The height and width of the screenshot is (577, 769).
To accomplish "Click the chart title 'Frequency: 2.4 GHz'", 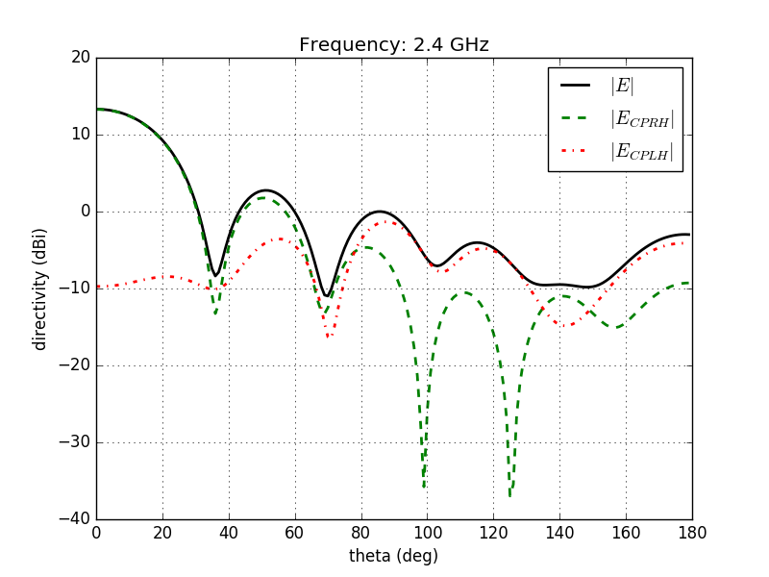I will (394, 45).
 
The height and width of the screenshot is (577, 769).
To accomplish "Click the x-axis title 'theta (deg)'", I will (393, 556).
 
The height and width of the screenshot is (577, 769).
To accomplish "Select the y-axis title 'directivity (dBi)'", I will (40, 288).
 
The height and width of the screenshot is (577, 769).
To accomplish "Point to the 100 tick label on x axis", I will (427, 532).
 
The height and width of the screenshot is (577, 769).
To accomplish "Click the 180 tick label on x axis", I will (691, 532).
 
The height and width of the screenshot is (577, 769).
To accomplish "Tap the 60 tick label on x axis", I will (295, 532).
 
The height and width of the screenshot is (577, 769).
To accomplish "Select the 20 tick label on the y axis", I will (80, 58).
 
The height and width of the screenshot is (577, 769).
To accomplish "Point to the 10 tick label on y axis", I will (80, 135).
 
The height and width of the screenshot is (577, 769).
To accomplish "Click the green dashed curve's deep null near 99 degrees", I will (424, 487).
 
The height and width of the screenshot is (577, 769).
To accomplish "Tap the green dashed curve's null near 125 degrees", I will (510, 494).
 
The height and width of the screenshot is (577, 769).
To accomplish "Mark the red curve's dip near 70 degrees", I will (328, 337).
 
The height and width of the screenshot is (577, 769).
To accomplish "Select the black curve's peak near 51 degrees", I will (265, 190).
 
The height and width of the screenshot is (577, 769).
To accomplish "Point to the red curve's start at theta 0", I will (97, 287).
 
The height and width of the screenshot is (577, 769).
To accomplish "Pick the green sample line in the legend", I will (580, 119).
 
